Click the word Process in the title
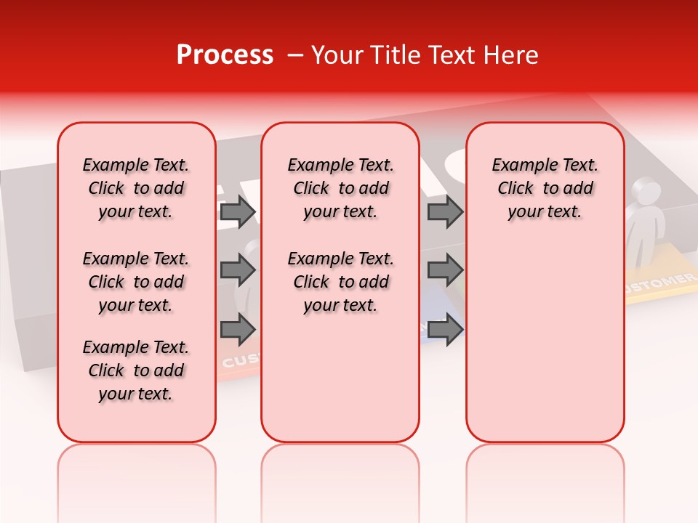[225, 55]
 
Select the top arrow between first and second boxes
[238, 212]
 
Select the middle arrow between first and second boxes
[238, 270]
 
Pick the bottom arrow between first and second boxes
[238, 329]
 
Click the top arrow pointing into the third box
[445, 212]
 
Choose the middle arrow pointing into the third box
[445, 270]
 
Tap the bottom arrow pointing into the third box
[445, 329]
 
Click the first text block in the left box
[136, 188]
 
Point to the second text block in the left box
[136, 282]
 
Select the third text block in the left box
[136, 370]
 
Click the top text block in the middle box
[340, 188]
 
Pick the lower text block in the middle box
[340, 282]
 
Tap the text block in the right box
[545, 188]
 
